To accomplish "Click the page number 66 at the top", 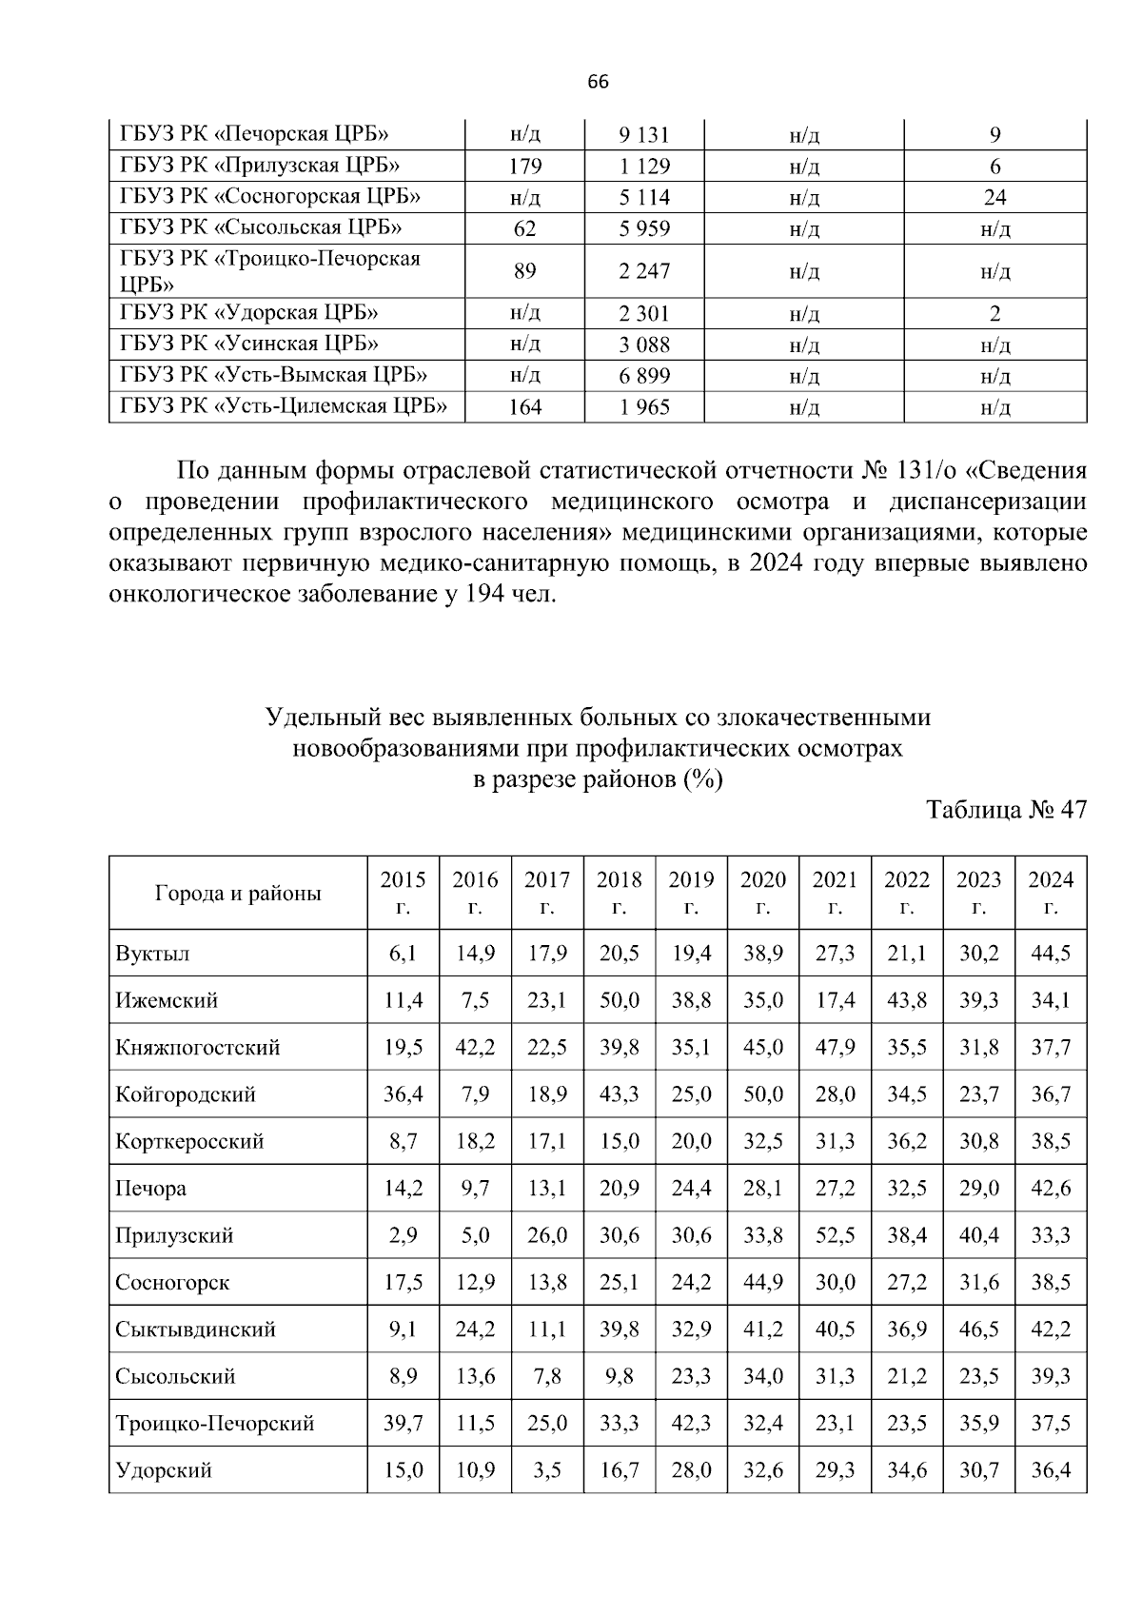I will (598, 82).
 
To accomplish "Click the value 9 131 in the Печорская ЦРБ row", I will (644, 135).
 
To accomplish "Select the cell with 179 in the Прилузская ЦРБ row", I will (524, 167).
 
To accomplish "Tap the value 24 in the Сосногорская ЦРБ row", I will (994, 198).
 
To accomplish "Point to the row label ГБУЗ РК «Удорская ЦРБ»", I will (249, 313).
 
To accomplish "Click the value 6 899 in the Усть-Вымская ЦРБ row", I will (644, 376).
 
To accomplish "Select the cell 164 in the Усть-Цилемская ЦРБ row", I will (524, 407).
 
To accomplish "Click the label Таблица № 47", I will (1006, 810).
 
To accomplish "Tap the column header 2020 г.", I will (762, 892).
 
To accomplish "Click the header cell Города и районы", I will (238, 893).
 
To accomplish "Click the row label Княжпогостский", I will (198, 1048).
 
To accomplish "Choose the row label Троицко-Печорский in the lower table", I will (215, 1424).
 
